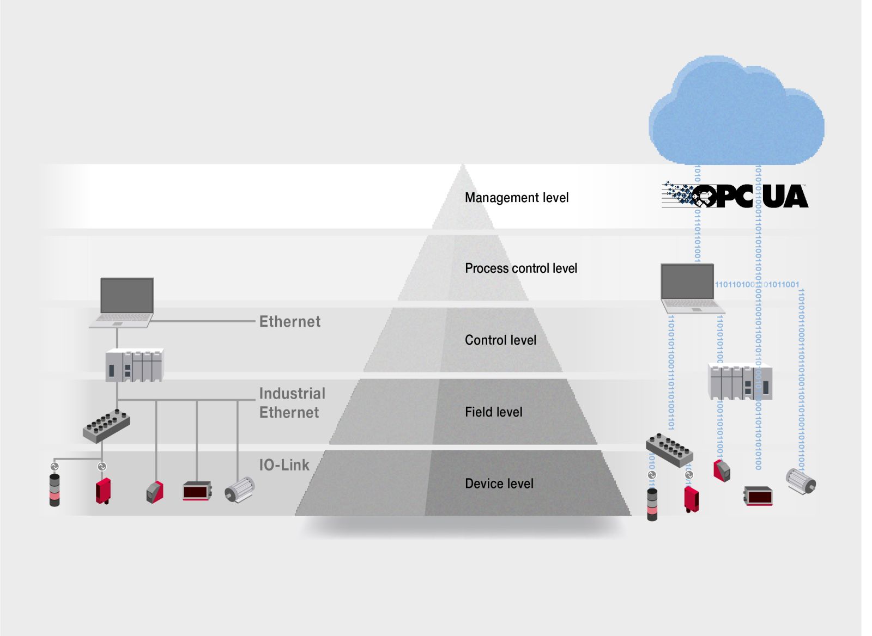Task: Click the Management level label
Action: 516,198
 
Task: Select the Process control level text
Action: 520,268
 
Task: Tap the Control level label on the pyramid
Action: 500,340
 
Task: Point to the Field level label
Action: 493,412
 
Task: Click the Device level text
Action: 499,484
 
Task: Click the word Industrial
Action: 292,393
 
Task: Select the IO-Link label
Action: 284,465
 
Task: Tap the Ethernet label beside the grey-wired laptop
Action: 290,322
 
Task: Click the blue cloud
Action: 736,114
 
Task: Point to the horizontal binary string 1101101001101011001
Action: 756,284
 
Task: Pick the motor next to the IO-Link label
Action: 240,489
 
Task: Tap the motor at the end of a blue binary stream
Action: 801,481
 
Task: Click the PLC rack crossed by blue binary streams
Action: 740,382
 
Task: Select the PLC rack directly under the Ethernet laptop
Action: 134,365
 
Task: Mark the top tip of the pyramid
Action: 463,166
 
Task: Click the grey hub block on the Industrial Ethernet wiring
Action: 106,425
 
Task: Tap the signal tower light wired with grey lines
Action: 55,490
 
